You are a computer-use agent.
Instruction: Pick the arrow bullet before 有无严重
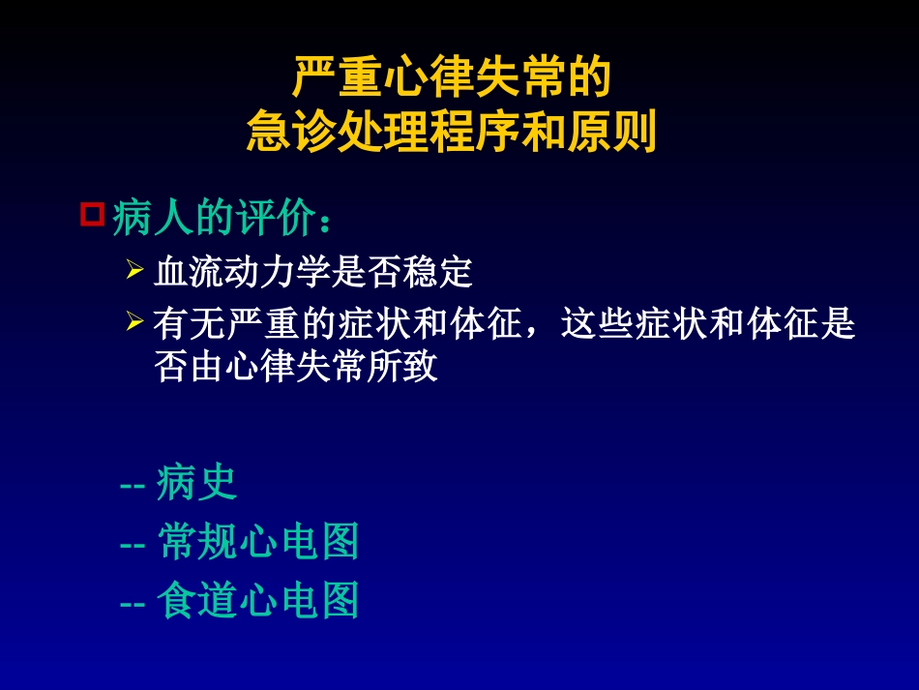(134, 321)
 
